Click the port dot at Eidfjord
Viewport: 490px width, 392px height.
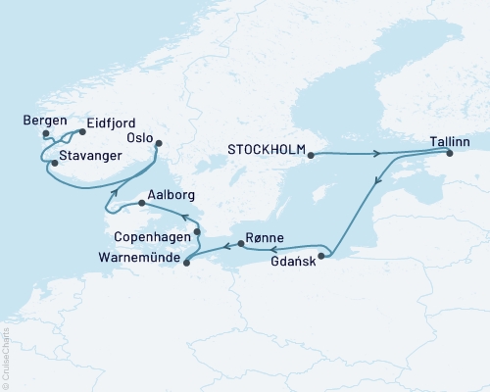pos(82,131)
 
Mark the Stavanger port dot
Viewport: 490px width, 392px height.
pos(55,163)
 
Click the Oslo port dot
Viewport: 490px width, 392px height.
pos(158,144)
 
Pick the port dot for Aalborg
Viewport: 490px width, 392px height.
pos(142,204)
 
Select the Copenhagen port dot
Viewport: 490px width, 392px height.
pos(197,231)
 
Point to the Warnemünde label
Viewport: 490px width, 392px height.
pos(140,258)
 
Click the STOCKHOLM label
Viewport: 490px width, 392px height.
pos(265,151)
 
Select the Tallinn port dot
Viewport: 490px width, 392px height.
pos(450,154)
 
